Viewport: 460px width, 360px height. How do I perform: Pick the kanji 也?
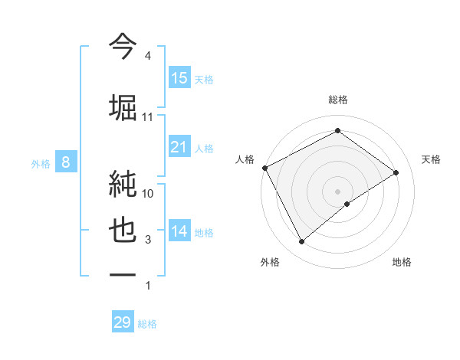pos(123,231)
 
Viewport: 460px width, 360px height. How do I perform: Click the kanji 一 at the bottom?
pos(123,277)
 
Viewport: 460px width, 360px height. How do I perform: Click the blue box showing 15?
pos(179,78)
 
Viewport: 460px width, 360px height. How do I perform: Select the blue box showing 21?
pos(179,147)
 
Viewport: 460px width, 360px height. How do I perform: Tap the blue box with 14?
pos(179,231)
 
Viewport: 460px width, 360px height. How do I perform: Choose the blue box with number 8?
pos(67,162)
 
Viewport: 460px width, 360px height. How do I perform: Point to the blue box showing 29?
pos(123,322)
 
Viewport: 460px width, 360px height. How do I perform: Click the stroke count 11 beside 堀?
pos(148,117)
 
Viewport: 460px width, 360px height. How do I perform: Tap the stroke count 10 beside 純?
pos(148,194)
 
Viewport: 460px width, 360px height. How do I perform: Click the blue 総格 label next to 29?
pos(147,324)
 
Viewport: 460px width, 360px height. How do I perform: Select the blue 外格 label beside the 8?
pos(41,163)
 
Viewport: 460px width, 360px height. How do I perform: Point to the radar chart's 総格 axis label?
pos(337,100)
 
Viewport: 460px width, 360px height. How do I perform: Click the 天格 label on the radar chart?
pos(432,159)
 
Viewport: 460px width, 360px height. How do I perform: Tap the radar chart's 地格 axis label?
pos(402,262)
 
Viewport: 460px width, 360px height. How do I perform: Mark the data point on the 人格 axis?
pos(264,167)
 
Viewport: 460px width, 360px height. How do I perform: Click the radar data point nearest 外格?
pos(302,242)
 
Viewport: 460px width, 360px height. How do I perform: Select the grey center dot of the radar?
pos(337,191)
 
